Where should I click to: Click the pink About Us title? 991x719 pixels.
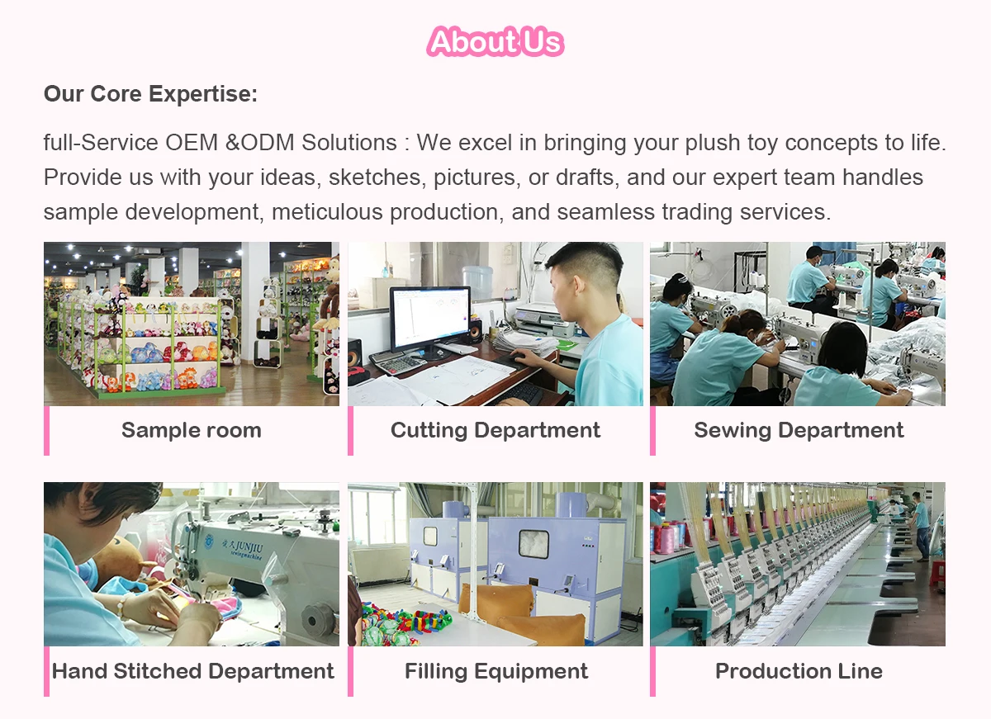point(495,41)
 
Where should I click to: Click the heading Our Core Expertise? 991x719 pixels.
point(150,94)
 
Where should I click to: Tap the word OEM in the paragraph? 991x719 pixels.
point(192,142)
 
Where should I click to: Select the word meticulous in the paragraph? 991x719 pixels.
point(327,212)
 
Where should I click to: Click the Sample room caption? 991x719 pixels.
point(192,430)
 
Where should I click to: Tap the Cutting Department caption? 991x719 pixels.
point(495,430)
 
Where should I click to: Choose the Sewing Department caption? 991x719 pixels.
point(799,430)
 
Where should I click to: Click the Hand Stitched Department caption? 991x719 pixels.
point(193,671)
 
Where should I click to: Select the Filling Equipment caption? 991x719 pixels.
point(496,671)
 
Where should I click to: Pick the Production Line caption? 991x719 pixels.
point(799,671)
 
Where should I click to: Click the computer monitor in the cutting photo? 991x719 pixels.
point(430,318)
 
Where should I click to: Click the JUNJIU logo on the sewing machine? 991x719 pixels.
point(242,547)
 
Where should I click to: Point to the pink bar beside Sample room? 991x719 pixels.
point(46,430)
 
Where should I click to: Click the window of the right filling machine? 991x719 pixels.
point(533,543)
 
